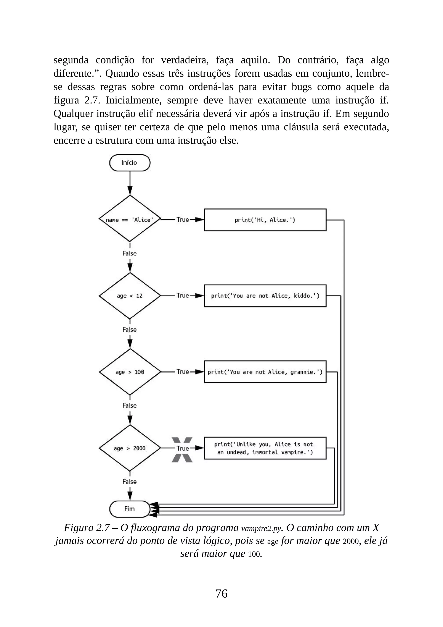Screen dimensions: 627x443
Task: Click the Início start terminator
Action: coord(130,163)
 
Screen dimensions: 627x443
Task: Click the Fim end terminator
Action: coord(130,509)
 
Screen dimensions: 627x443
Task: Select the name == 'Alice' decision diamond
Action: coord(130,220)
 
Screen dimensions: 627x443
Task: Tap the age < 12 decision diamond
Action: coord(130,296)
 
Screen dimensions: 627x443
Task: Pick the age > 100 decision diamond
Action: coord(130,372)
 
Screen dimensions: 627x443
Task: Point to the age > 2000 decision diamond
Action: coord(130,448)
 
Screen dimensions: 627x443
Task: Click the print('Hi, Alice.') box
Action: coord(265,220)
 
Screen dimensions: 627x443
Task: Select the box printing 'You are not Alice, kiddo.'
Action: coord(265,296)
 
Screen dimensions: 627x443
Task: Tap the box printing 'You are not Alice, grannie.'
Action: coord(265,372)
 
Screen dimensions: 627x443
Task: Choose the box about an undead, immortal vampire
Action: coord(265,448)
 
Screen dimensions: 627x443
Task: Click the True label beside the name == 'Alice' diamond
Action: coord(183,220)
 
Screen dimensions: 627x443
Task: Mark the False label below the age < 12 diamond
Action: coord(129,329)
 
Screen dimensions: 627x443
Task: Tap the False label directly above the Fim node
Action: coord(129,482)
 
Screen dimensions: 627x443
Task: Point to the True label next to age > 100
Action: coord(183,372)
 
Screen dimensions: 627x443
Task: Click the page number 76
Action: coord(221,593)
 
